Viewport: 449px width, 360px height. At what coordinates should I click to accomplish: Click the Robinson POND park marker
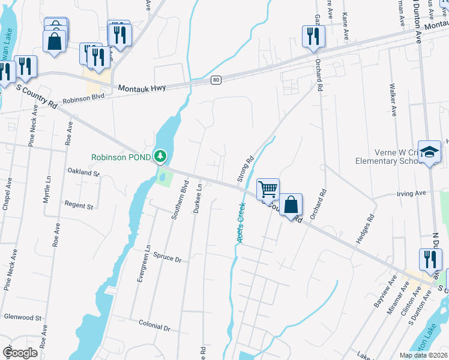coord(160,157)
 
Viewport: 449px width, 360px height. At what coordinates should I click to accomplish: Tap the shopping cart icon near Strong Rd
coord(268,188)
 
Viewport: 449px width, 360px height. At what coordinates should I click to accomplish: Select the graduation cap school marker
coord(430,152)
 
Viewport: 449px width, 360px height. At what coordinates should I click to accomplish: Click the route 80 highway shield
coord(216,80)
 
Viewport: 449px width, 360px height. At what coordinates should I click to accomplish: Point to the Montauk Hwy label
coord(142,88)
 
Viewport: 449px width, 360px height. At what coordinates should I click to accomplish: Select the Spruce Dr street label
coord(167,258)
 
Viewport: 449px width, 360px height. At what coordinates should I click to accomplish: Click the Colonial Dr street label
coord(155,328)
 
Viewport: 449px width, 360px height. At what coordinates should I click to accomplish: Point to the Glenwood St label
coord(22,317)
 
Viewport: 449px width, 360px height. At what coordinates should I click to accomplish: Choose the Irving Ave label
coord(411,193)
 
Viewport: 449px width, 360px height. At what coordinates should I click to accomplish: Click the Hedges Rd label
coord(365,229)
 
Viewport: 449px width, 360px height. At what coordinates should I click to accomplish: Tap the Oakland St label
coord(83,172)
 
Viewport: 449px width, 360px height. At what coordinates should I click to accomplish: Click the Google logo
coord(20,353)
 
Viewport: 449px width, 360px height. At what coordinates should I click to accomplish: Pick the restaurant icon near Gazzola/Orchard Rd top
coord(313,36)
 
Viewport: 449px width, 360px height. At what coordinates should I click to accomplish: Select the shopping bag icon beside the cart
coord(291,205)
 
